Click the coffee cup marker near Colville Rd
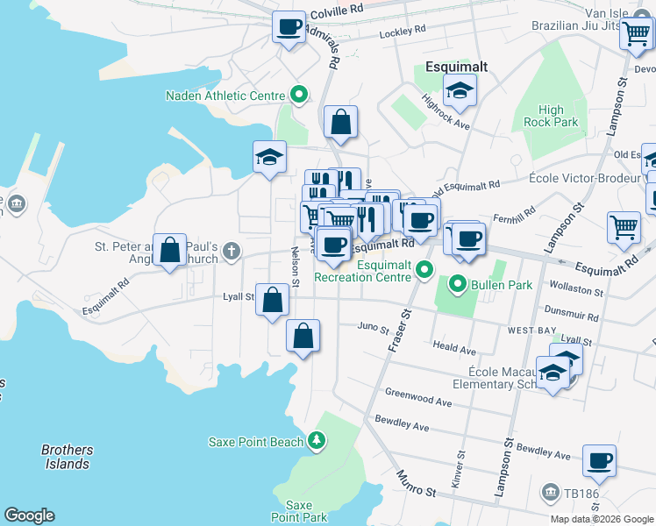(x=289, y=27)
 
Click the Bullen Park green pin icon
(x=457, y=285)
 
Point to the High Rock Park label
(x=551, y=116)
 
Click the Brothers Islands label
(x=67, y=457)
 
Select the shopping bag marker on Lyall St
(x=273, y=300)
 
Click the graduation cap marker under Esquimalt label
(x=459, y=90)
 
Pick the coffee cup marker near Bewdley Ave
(x=599, y=461)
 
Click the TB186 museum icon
(x=550, y=492)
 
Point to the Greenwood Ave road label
(x=418, y=398)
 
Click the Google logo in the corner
(x=29, y=515)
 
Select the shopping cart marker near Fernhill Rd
(x=624, y=227)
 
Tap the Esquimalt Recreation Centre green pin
(x=425, y=269)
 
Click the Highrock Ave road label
(x=446, y=112)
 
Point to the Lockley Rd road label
(x=402, y=32)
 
